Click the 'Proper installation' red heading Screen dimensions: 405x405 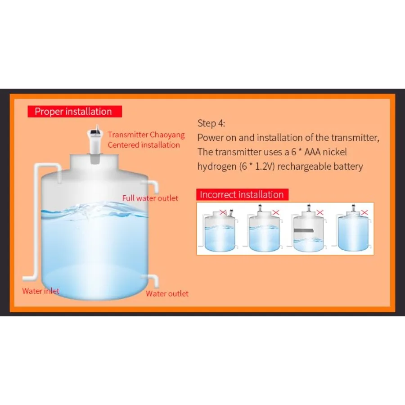tap(75, 111)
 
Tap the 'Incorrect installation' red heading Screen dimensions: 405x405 tap(242, 194)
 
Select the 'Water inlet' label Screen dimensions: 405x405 tap(41, 291)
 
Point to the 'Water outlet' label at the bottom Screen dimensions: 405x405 tap(167, 293)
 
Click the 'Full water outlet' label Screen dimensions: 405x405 tap(150, 198)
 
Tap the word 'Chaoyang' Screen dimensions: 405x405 tap(167, 135)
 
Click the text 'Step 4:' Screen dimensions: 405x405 tap(211, 123)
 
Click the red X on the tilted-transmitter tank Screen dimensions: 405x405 tap(223, 212)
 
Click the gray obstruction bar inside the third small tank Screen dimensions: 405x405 tap(303, 230)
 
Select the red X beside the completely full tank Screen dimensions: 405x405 tap(364, 212)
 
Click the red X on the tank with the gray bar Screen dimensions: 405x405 tap(320, 212)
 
